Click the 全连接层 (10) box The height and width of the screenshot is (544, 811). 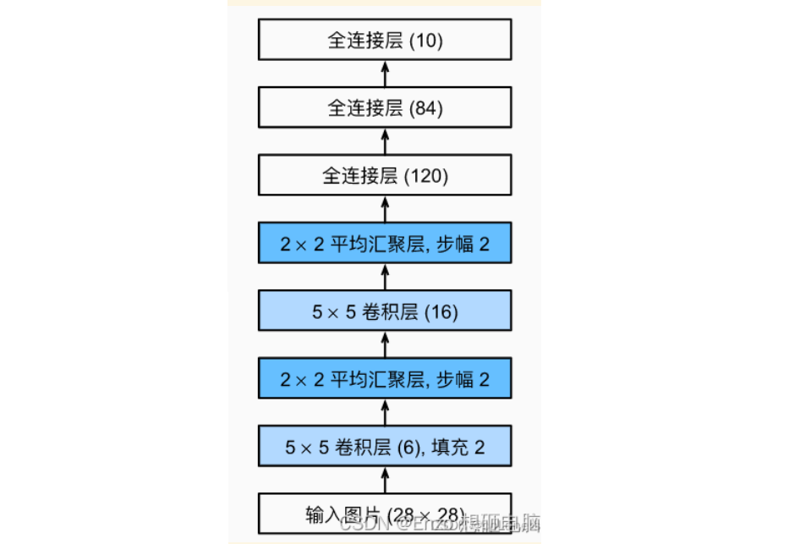[x=386, y=41]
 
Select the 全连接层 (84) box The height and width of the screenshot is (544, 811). [x=386, y=108]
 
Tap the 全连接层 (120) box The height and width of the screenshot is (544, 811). [x=386, y=176]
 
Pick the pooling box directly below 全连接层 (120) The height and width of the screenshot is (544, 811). [x=386, y=245]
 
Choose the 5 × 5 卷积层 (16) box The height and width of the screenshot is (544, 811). [x=386, y=311]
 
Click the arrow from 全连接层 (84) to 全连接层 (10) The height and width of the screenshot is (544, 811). [x=386, y=74]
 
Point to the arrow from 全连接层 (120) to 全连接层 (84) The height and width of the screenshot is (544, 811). [x=386, y=142]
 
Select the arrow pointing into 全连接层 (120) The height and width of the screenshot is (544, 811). [x=386, y=210]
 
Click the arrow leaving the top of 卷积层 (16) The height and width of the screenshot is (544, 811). [x=386, y=277]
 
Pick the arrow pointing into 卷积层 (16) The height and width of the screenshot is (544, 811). [x=386, y=345]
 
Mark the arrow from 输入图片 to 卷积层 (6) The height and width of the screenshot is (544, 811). [x=386, y=480]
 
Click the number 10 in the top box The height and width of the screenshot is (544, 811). [x=426, y=41]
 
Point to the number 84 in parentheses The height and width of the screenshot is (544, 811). [x=426, y=108]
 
